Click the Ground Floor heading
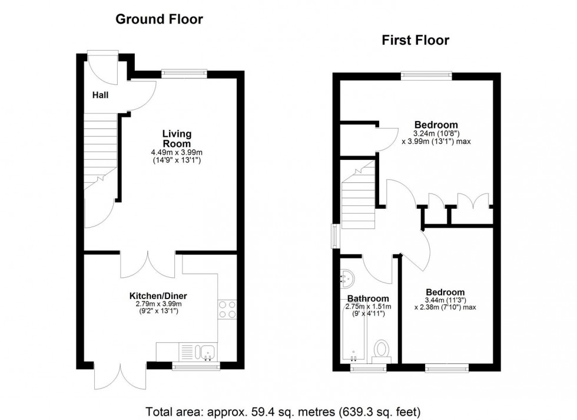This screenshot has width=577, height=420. pos(159,19)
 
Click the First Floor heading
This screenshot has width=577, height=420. pos(415,40)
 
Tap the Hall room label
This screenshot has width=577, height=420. pos(101,94)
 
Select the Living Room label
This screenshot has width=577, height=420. pos(177,139)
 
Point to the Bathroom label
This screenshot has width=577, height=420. pos(367,298)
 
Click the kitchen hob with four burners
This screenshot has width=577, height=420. pos(227,310)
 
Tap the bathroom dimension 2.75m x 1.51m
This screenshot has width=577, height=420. pos(369,307)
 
